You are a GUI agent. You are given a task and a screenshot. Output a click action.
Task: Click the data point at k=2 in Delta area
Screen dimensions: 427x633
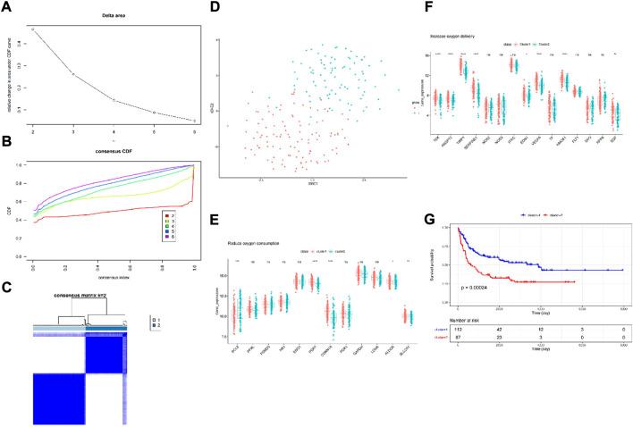tap(33, 30)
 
